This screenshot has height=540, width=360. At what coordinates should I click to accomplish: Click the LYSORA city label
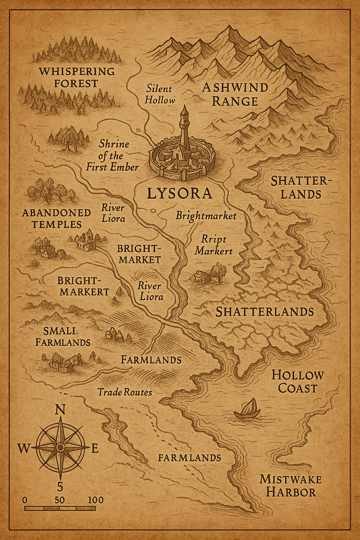point(179,193)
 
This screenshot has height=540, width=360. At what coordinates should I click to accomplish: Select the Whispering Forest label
point(77,77)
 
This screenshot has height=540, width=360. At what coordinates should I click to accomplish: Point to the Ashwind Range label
point(235,94)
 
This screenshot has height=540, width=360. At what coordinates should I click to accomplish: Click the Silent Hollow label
point(160,94)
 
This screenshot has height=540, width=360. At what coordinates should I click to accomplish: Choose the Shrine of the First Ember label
point(112,155)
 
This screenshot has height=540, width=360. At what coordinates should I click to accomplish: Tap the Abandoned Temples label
point(56,218)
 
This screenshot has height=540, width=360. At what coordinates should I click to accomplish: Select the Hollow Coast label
point(297,381)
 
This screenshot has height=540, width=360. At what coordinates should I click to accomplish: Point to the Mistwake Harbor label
point(291,486)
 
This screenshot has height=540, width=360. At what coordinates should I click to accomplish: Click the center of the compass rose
point(60,447)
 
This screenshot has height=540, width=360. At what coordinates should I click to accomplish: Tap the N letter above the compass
point(60,410)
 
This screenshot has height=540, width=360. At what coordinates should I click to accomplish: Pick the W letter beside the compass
point(24,448)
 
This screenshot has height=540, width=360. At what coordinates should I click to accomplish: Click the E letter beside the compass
point(95,448)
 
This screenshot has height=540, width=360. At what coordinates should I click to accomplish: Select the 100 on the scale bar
point(96,500)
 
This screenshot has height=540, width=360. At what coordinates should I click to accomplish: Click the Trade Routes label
point(125,392)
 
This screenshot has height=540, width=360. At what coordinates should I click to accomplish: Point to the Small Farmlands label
point(63,336)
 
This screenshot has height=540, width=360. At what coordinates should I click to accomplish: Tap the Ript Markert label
point(214,245)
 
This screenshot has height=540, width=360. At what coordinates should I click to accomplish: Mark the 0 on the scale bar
point(24,500)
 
